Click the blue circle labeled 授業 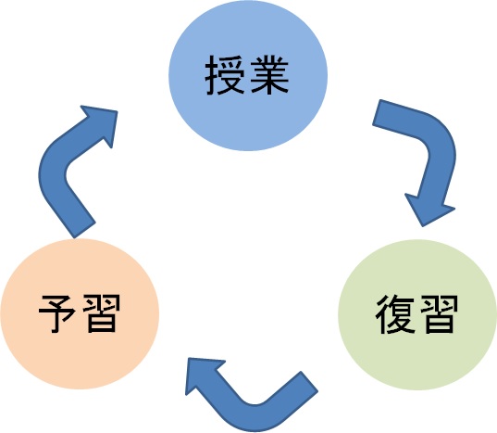[x=247, y=80]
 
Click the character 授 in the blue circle [x=225, y=78]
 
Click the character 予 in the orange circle [x=58, y=313]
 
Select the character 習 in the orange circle [x=102, y=313]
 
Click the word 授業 [x=247, y=78]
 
